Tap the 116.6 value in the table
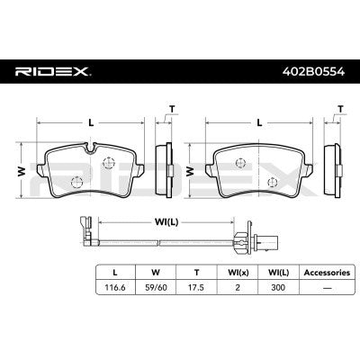click(x=115, y=287)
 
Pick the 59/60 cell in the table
click(x=156, y=287)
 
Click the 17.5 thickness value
click(x=196, y=287)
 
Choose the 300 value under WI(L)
click(x=278, y=287)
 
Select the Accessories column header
click(x=327, y=273)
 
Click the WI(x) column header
click(x=238, y=273)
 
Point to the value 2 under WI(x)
click(x=238, y=287)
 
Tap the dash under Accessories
click(x=327, y=288)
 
